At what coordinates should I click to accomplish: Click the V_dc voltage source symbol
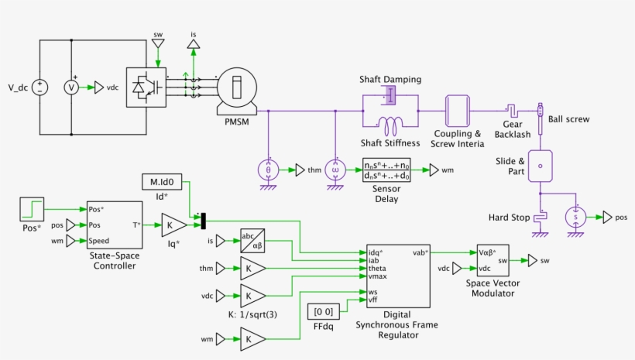[40, 87]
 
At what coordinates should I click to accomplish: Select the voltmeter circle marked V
[71, 87]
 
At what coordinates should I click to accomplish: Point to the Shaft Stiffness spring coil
[391, 124]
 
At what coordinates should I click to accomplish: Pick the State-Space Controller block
[115, 225]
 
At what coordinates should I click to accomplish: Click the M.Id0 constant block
[162, 182]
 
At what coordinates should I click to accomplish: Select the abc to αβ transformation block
[252, 240]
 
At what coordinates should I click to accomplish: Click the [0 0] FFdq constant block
[321, 311]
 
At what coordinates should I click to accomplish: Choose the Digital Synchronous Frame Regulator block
[397, 276]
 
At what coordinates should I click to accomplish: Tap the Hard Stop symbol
[542, 218]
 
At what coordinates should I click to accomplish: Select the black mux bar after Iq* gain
[203, 221]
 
